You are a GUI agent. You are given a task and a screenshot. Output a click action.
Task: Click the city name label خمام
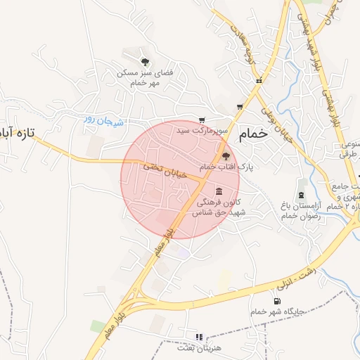pyautogui.click(x=253, y=134)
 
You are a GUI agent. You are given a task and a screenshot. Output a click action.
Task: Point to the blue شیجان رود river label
pyautogui.click(x=104, y=121)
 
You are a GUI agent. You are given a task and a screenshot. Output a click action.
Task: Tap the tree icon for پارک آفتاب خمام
pyautogui.click(x=226, y=157)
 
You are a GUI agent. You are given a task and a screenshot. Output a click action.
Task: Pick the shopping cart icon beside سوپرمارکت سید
pyautogui.click(x=202, y=120)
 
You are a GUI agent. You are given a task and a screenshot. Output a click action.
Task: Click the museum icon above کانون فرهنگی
pyautogui.click(x=220, y=191)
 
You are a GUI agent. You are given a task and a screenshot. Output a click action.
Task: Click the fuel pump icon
pyautogui.click(x=277, y=302)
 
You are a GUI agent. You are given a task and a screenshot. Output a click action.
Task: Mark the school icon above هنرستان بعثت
pyautogui.click(x=198, y=337)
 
